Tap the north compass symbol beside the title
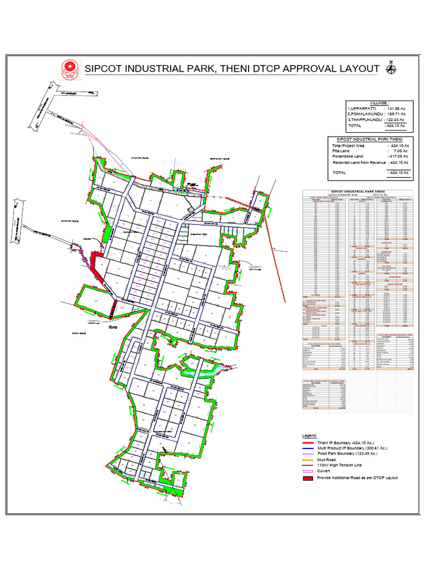pos(391,68)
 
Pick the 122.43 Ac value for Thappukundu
pos(396,119)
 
